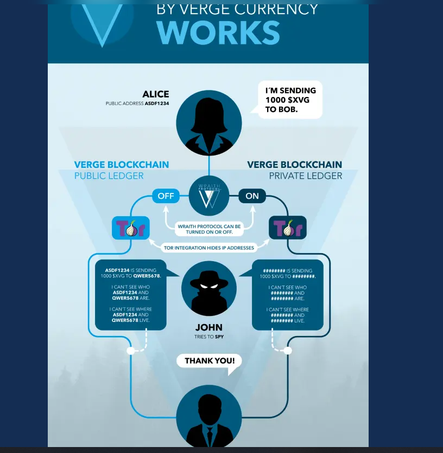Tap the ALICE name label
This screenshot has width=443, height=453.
click(x=155, y=94)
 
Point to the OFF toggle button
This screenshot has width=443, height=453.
click(x=166, y=196)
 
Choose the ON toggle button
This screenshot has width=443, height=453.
click(x=252, y=196)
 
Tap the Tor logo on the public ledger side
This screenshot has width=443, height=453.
click(x=130, y=228)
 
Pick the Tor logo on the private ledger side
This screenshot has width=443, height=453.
click(x=288, y=228)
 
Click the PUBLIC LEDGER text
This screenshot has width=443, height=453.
click(x=109, y=176)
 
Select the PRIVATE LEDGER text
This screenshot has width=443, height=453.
click(x=306, y=176)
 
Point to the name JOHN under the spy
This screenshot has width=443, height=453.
click(x=209, y=327)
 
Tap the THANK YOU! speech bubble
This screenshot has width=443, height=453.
click(x=209, y=361)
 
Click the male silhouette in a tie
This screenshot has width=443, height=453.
click(x=209, y=419)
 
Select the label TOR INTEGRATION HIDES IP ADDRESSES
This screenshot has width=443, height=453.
click(x=209, y=248)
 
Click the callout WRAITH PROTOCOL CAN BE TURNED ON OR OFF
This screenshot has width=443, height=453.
click(x=209, y=229)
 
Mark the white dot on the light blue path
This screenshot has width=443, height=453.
click(x=131, y=351)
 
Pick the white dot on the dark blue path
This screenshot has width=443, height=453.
click(x=288, y=351)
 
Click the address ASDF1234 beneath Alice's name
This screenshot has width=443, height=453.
click(x=157, y=103)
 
